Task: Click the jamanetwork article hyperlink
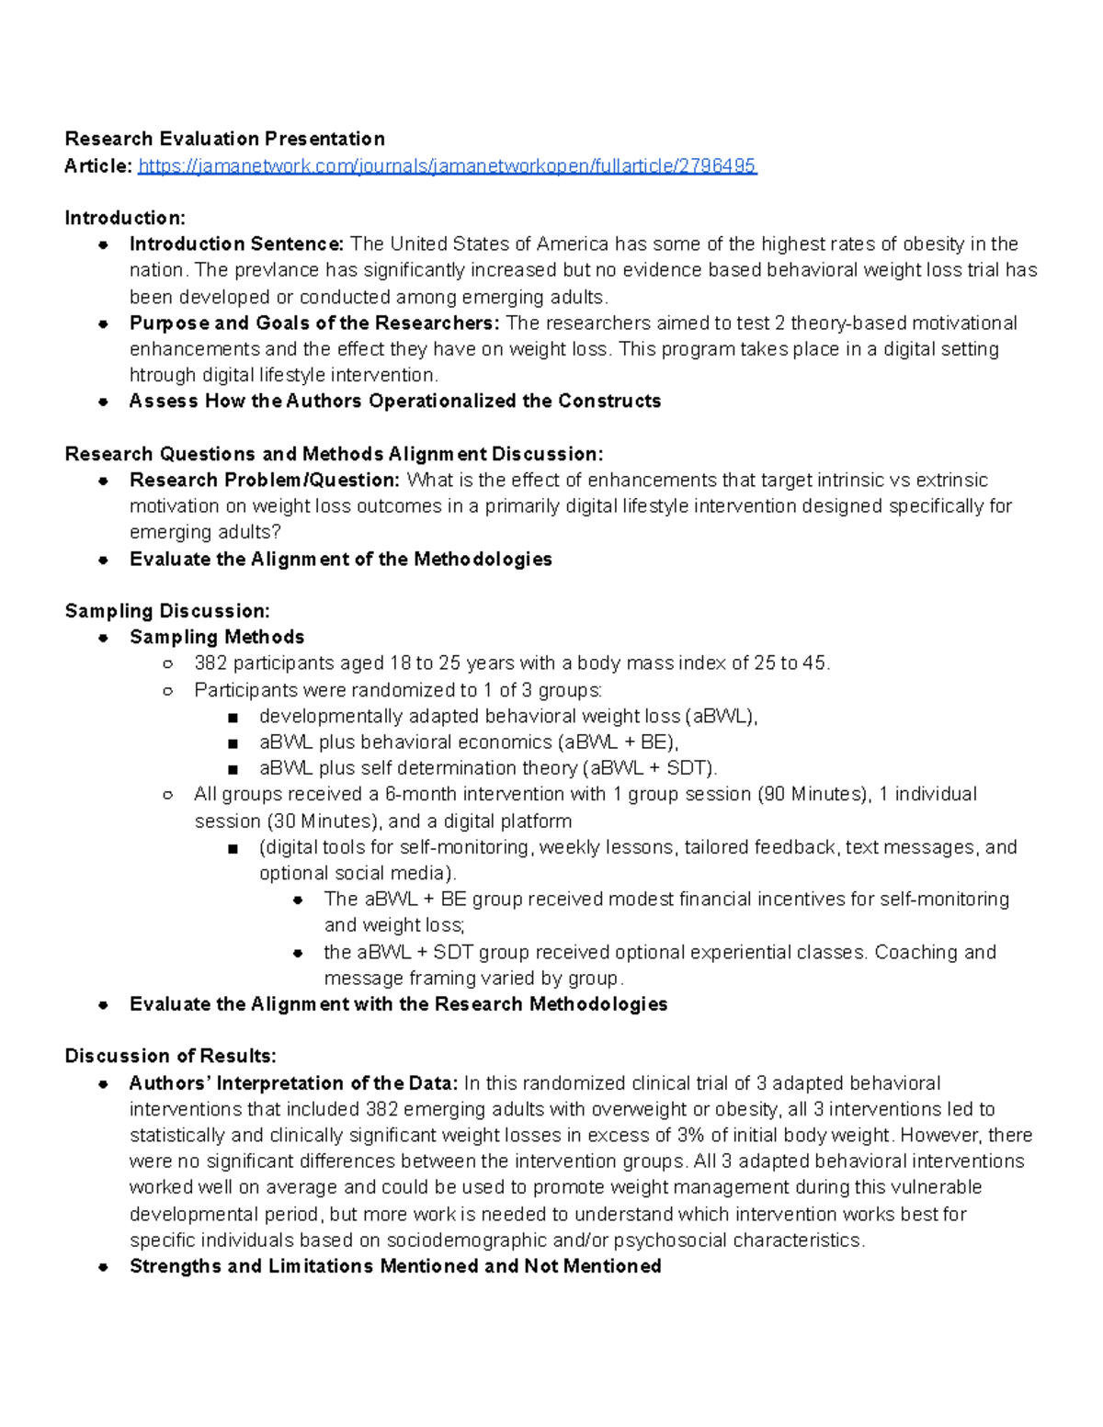(x=447, y=166)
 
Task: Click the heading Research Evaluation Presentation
(x=224, y=139)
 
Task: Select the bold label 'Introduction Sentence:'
(x=236, y=244)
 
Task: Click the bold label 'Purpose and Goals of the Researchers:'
(x=314, y=323)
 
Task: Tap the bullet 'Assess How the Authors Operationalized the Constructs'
(x=395, y=402)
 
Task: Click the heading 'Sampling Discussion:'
(x=167, y=611)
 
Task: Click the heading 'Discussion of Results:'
(x=170, y=1056)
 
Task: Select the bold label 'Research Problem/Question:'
(x=265, y=481)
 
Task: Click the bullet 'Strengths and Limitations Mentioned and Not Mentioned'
(x=395, y=1266)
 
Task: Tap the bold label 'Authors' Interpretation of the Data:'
(x=293, y=1083)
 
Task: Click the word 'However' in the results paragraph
(x=938, y=1136)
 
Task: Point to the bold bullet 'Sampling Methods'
(x=217, y=638)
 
